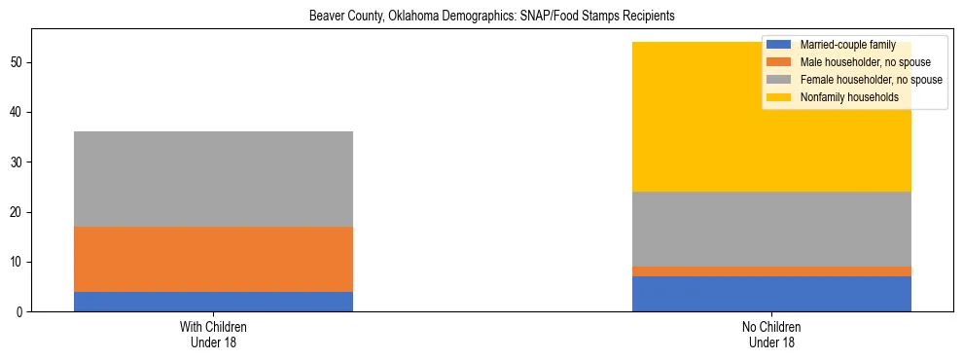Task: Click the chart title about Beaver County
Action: click(x=491, y=17)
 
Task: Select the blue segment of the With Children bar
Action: click(x=213, y=302)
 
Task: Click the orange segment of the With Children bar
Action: click(x=213, y=259)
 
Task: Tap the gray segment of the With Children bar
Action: click(x=213, y=179)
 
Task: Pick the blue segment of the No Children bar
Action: click(x=771, y=294)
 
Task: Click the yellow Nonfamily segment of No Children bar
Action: click(x=681, y=117)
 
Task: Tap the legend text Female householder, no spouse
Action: click(x=872, y=80)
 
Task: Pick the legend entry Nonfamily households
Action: click(x=848, y=97)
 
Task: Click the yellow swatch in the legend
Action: click(x=779, y=97)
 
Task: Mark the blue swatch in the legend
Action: click(x=779, y=45)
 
